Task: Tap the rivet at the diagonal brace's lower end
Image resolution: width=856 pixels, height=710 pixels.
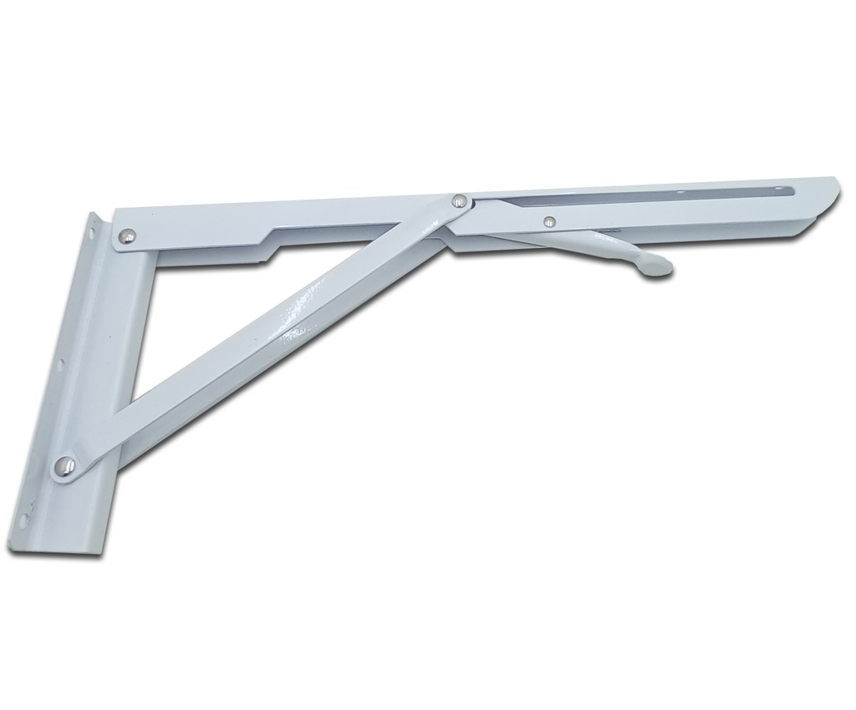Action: point(64,465)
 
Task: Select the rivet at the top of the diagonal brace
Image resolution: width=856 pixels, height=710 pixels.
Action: point(458,200)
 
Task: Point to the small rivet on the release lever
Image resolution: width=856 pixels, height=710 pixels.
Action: point(548,221)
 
